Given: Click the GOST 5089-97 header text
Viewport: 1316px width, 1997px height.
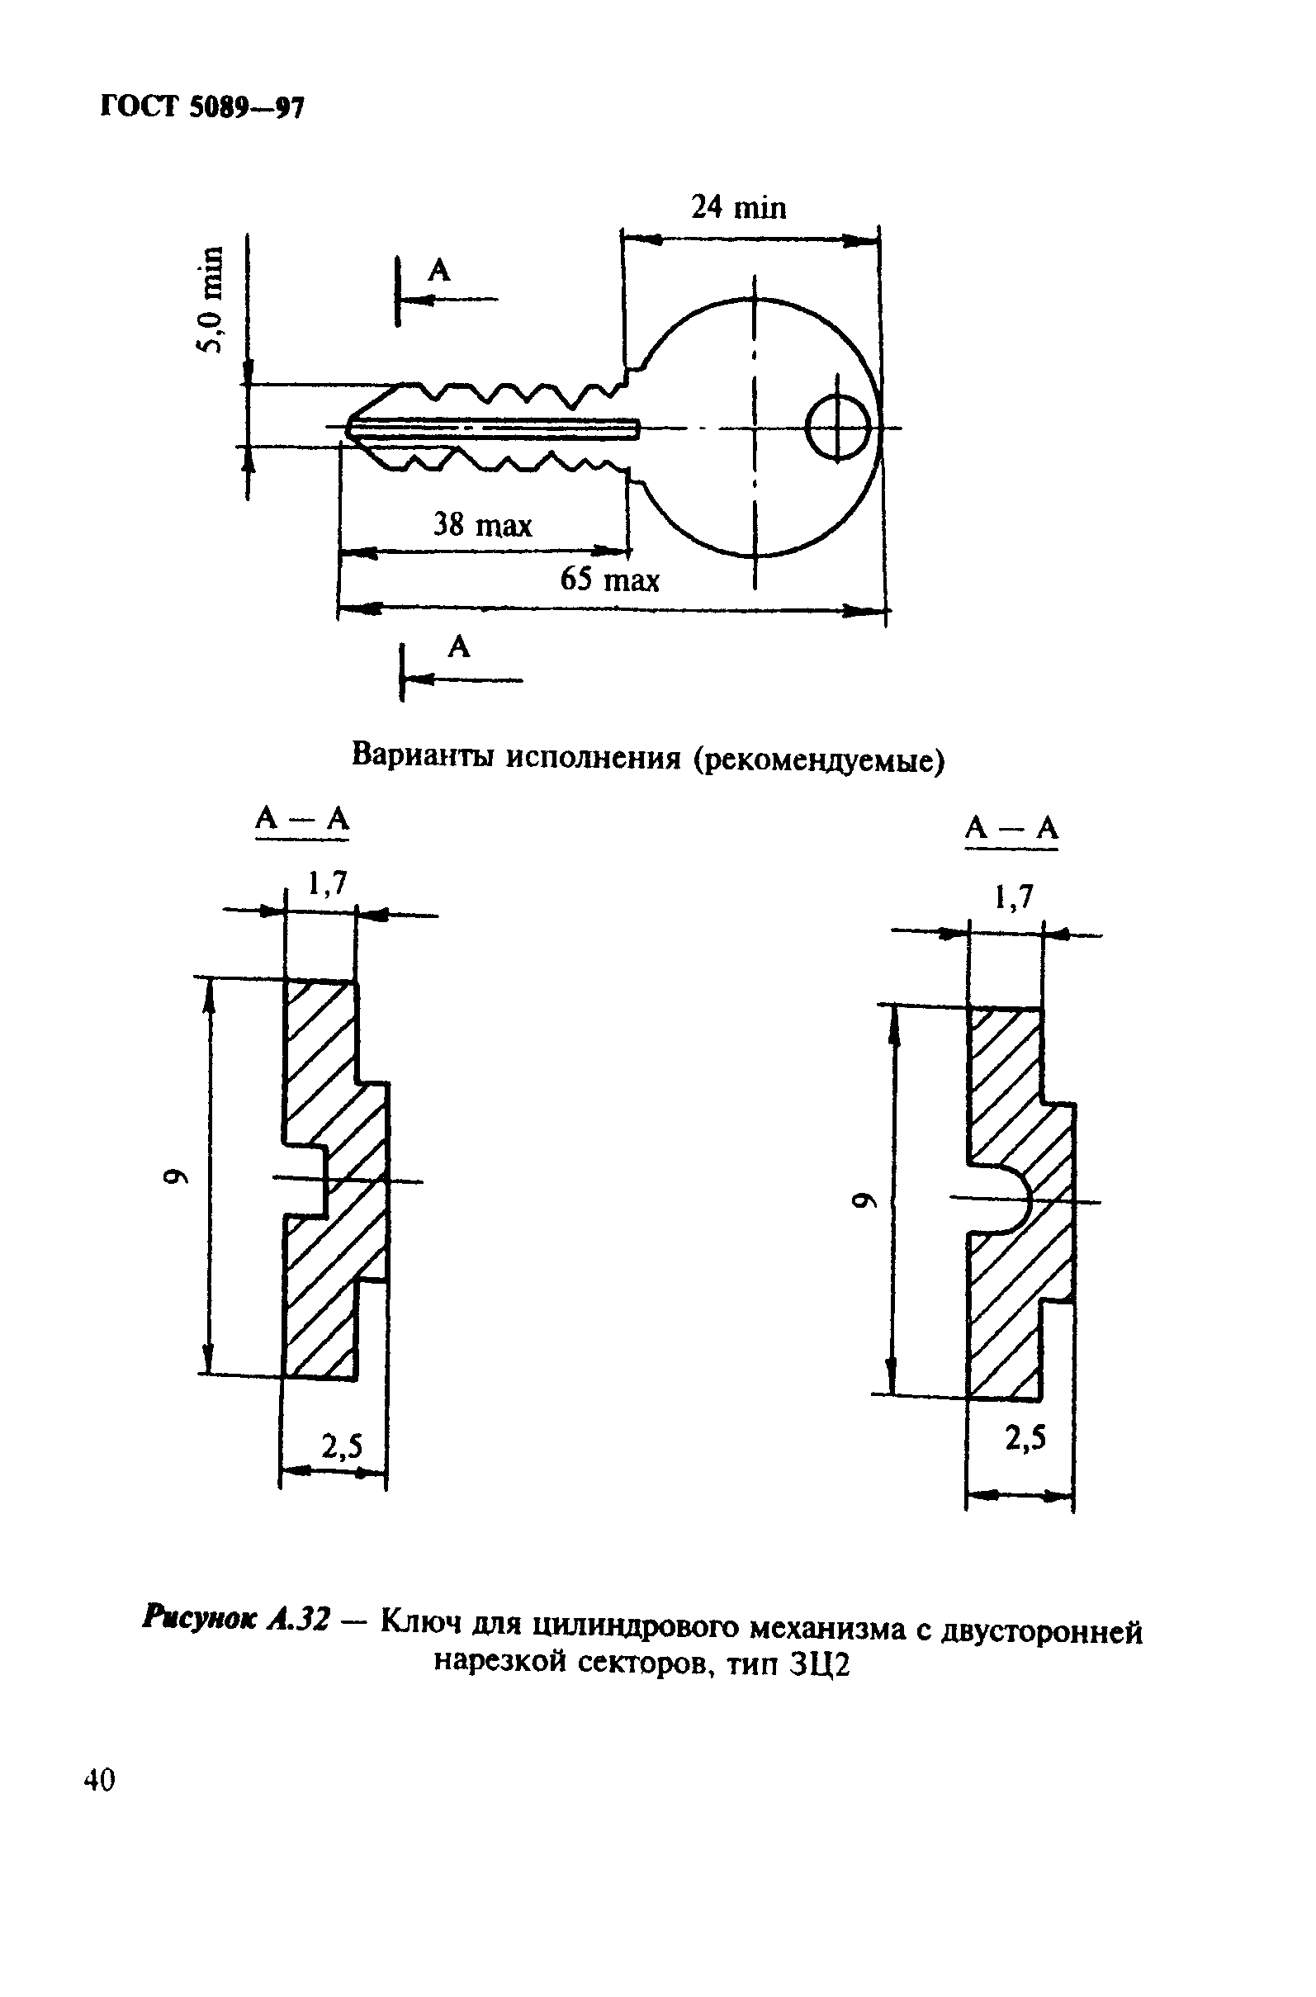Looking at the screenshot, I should (x=201, y=107).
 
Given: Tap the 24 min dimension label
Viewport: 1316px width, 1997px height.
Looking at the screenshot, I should (x=739, y=206).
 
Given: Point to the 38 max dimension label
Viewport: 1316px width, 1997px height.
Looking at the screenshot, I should (x=483, y=525).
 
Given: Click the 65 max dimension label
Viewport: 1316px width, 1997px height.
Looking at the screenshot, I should (x=610, y=580).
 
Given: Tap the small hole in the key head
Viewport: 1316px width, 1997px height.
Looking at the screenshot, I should (x=838, y=428).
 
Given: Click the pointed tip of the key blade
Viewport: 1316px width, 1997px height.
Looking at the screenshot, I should (x=349, y=428).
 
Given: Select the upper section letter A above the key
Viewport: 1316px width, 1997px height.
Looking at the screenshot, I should (x=439, y=271).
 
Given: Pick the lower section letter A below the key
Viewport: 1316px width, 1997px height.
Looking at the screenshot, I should (x=459, y=646).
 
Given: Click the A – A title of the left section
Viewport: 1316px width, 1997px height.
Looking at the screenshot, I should (x=302, y=818).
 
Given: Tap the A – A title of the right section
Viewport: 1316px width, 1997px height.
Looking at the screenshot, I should (x=1011, y=829).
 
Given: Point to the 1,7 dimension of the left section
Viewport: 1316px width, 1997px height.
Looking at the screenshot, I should (x=327, y=883).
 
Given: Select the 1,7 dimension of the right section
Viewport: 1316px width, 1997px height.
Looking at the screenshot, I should (x=1014, y=899).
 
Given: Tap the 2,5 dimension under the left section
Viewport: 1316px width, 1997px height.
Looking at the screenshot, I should (x=343, y=1446).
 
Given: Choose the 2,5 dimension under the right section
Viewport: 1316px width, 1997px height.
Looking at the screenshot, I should (x=1025, y=1439).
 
